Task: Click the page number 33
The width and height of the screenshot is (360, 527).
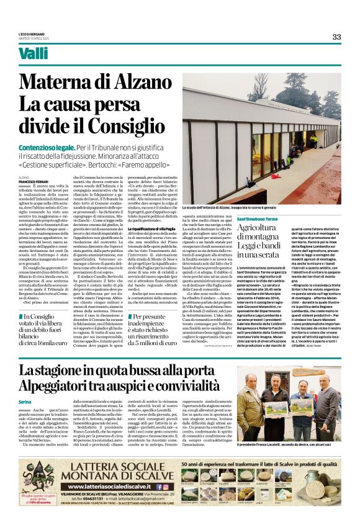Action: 336,37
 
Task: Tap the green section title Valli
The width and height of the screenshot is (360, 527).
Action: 33,53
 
